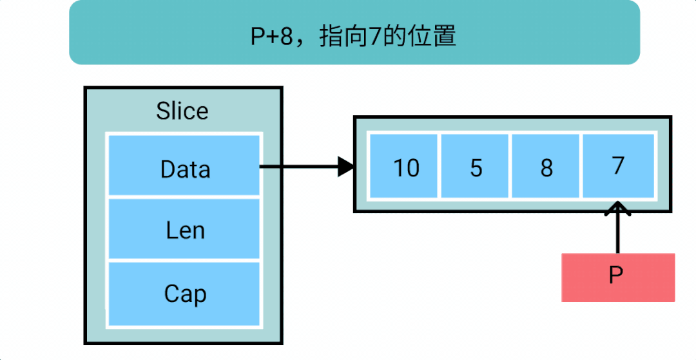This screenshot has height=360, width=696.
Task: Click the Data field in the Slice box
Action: [184, 165]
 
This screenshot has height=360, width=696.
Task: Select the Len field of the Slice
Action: [184, 229]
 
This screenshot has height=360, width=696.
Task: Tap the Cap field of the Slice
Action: [184, 294]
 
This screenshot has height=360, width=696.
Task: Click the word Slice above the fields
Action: [182, 111]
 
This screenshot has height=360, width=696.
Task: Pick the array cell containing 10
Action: [403, 166]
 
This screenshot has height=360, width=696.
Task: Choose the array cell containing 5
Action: [474, 166]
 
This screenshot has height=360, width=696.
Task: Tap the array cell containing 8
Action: [546, 166]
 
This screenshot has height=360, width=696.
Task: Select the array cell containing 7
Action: [618, 166]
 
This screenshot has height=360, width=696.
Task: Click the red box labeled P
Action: [618, 278]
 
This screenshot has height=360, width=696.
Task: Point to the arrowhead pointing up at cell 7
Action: [617, 209]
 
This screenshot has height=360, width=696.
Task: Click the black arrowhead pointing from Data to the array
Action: [346, 167]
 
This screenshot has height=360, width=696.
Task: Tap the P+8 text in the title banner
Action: [272, 38]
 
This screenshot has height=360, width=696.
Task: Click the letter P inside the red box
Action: [616, 276]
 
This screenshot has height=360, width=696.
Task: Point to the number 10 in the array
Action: [406, 169]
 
